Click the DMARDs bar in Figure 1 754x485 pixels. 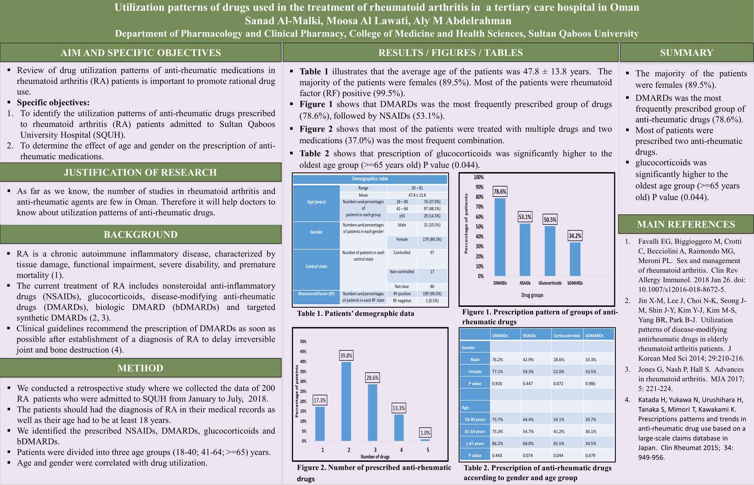(x=500, y=237)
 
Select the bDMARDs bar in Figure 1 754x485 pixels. (x=575, y=259)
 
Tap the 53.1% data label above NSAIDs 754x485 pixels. (x=525, y=217)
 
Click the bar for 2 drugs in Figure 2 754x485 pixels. (x=346, y=401)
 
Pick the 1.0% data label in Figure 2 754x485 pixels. (x=425, y=433)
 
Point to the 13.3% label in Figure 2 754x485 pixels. (x=399, y=408)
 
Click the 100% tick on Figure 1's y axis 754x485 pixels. (x=479, y=177)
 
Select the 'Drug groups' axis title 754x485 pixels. (x=532, y=295)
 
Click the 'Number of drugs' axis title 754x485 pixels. (x=375, y=456)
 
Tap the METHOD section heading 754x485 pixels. (x=140, y=368)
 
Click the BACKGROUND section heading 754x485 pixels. (x=141, y=235)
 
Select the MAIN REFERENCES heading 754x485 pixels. (x=686, y=224)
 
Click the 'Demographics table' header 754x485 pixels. (x=370, y=179)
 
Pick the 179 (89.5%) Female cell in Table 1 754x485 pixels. (x=432, y=239)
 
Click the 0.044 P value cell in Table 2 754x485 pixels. (x=558, y=456)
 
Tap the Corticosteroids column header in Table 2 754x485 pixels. (x=567, y=336)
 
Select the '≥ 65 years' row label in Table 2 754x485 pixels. (x=475, y=443)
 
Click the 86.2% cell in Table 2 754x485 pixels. (x=498, y=443)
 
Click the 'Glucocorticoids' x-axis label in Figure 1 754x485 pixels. (x=550, y=283)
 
